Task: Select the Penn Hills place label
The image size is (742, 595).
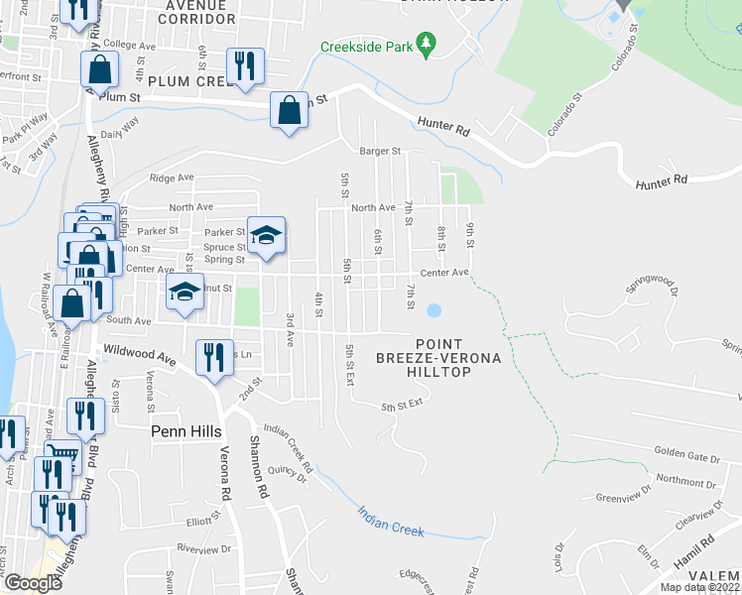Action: click(185, 431)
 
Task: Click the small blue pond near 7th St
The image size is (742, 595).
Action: click(433, 311)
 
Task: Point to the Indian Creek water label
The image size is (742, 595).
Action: click(391, 524)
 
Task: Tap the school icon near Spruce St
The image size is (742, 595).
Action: click(266, 236)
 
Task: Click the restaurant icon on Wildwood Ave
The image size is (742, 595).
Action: click(214, 358)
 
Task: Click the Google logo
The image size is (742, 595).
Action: click(33, 583)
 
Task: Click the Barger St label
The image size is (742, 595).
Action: click(379, 152)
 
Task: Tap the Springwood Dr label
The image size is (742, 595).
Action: click(651, 288)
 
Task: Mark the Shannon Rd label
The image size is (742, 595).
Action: click(260, 466)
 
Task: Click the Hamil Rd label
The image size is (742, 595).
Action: click(694, 548)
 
